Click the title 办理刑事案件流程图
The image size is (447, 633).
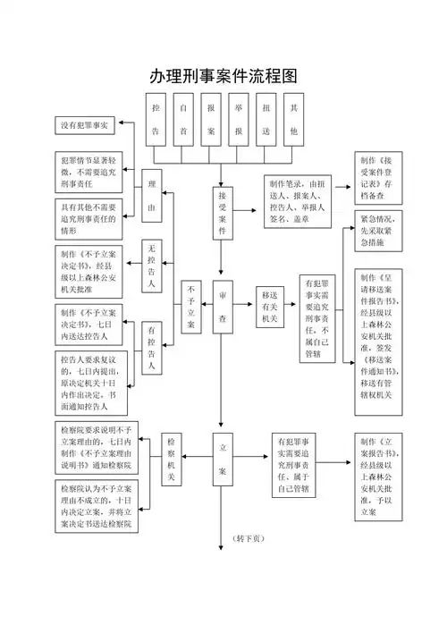(223, 76)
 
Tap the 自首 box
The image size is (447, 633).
(183, 119)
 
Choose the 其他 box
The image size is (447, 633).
(293, 119)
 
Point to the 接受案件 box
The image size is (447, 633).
(223, 213)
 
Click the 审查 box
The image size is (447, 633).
(223, 306)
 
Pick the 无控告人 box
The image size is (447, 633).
(152, 266)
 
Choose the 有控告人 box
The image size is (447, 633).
(152, 348)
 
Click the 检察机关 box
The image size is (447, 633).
(173, 460)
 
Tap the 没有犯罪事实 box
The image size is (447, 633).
(82, 125)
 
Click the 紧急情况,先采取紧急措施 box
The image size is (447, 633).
(374, 231)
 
